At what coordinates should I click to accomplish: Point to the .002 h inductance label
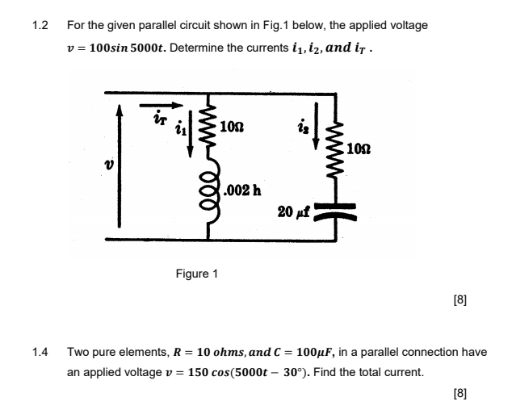(242, 190)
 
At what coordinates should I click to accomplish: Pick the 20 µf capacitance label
(292, 211)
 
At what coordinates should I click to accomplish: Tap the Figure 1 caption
(197, 274)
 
